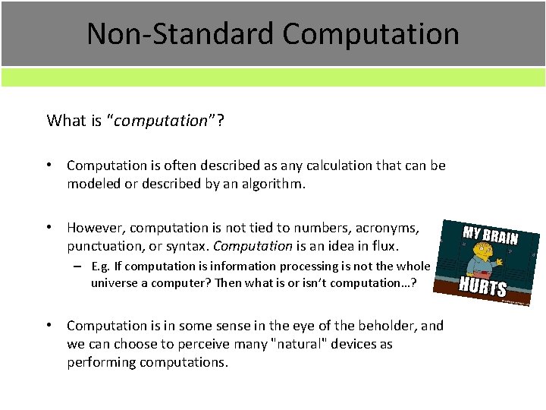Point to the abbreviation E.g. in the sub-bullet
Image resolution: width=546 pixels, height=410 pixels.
[x=102, y=266]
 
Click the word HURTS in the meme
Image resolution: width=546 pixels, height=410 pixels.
[x=483, y=288]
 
